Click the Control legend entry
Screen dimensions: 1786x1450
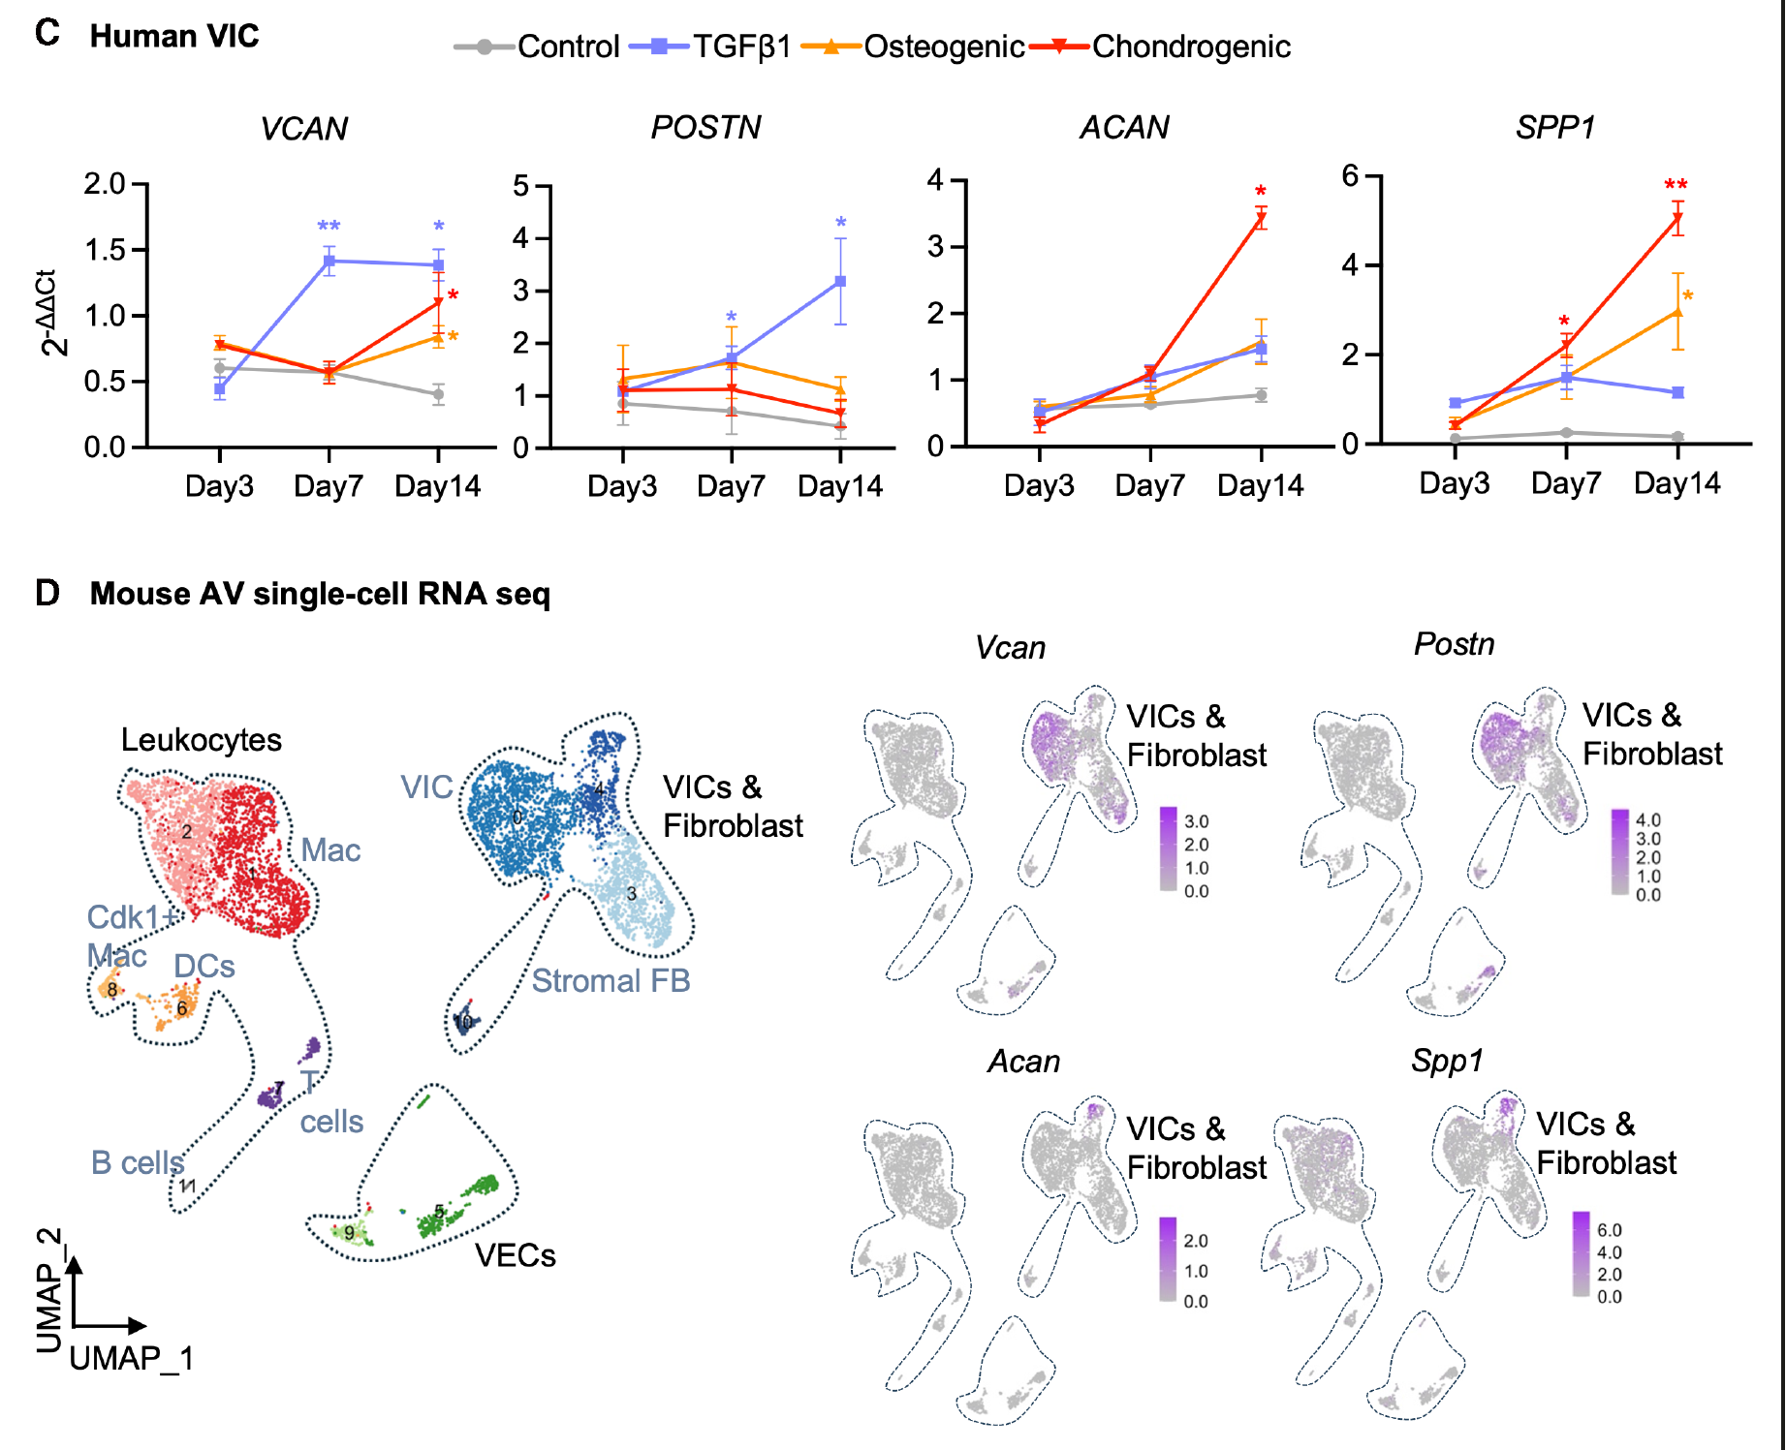click(x=538, y=46)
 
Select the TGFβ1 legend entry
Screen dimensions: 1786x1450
click(x=710, y=46)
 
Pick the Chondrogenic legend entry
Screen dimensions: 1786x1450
click(x=1161, y=46)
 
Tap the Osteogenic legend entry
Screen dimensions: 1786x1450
click(x=913, y=46)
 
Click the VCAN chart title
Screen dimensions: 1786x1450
click(x=303, y=129)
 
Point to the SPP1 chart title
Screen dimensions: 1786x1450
click(x=1555, y=127)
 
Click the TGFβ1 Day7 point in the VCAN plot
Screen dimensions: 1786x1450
click(x=329, y=261)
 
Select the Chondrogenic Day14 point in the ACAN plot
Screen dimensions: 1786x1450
click(x=1261, y=219)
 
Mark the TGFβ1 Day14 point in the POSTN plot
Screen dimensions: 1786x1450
click(x=840, y=281)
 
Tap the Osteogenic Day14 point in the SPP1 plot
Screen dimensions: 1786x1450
click(x=1677, y=312)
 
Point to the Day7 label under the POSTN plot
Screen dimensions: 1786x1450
click(x=731, y=486)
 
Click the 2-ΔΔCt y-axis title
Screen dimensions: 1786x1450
click(x=54, y=312)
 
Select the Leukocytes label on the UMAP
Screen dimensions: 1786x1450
click(x=202, y=740)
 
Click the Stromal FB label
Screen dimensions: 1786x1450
click(x=611, y=980)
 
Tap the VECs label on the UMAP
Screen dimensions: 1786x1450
click(x=516, y=1255)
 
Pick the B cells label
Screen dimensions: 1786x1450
click(x=138, y=1162)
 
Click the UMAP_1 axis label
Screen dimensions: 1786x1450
click(x=132, y=1359)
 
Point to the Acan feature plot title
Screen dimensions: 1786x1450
click(x=1024, y=1062)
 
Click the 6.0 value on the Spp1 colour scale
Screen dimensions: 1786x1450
click(x=1610, y=1230)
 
